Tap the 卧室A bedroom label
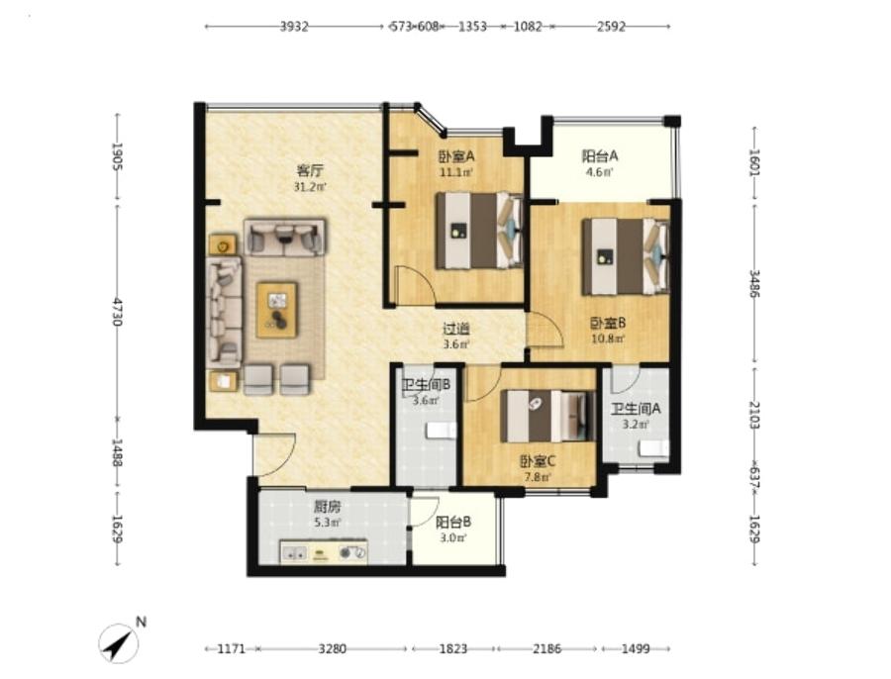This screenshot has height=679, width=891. (x=455, y=155)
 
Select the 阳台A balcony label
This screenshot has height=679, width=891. (x=600, y=155)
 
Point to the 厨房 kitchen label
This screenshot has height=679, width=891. (x=328, y=505)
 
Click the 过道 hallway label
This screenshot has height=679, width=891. (x=456, y=329)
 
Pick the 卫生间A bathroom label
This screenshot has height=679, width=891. (x=636, y=409)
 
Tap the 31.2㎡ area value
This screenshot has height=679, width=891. (x=310, y=186)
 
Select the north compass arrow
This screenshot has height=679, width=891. (x=120, y=642)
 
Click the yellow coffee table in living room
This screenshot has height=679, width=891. (x=277, y=310)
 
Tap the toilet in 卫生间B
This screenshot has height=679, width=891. (x=441, y=431)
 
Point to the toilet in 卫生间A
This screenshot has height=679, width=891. (x=653, y=448)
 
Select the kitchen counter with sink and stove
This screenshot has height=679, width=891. (x=324, y=552)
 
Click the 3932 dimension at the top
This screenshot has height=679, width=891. (x=294, y=26)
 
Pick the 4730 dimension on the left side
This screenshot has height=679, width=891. (x=118, y=312)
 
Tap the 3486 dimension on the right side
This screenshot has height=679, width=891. (x=754, y=283)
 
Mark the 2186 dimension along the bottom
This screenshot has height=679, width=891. (x=547, y=648)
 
